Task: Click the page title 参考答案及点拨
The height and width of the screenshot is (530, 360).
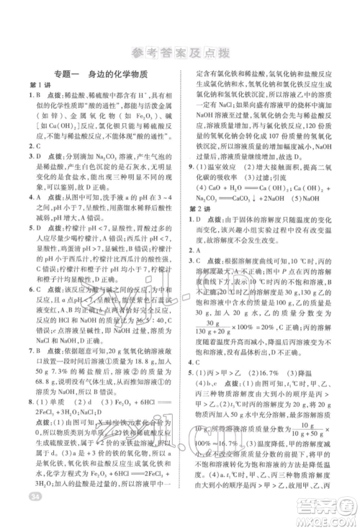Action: (x=179, y=51)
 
